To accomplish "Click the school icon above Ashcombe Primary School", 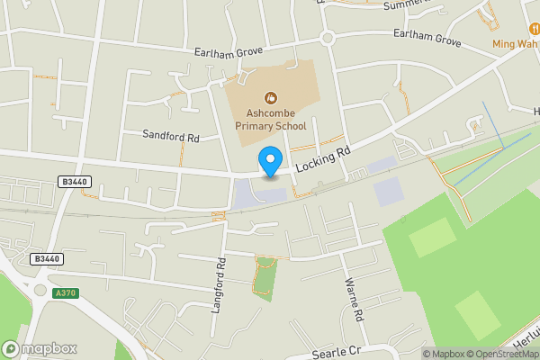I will (x=269, y=97).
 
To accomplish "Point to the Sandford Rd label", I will (x=170, y=135).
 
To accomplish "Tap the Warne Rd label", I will (x=353, y=300).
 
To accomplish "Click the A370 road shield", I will (x=65, y=292).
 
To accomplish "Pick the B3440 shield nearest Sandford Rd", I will (x=75, y=181).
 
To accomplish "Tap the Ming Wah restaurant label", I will (x=515, y=43).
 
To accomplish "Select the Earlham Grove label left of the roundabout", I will (x=229, y=51).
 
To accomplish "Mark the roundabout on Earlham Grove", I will (x=327, y=38).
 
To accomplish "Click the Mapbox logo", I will (x=40, y=348).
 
